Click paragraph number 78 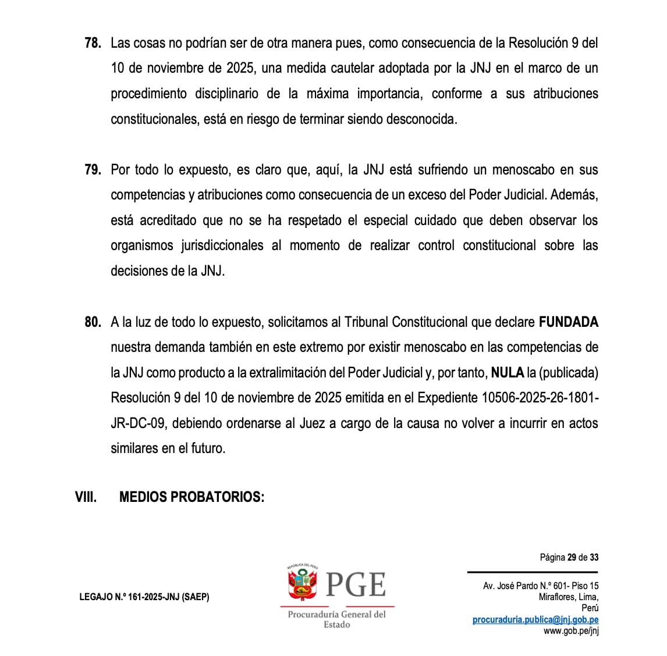93,43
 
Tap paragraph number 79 93,170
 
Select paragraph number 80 93,322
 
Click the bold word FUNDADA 568,322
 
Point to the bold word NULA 508,373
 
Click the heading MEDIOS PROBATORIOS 191,497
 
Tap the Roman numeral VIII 86,497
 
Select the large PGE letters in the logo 356,584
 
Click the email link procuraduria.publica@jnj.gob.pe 535,620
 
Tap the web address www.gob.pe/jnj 571,631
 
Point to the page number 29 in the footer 572,558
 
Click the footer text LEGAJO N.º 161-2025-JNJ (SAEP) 144,597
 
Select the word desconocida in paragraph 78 424,119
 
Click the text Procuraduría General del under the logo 336,615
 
